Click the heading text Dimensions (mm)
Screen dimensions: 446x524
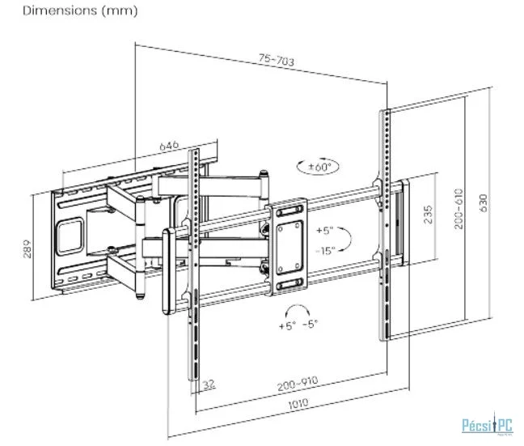point(69,11)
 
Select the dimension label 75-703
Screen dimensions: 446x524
point(276,60)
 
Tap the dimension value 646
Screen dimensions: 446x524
point(168,146)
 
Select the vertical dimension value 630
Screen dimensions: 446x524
point(484,202)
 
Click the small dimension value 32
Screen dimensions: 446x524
point(209,383)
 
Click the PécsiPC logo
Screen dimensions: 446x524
point(485,424)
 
